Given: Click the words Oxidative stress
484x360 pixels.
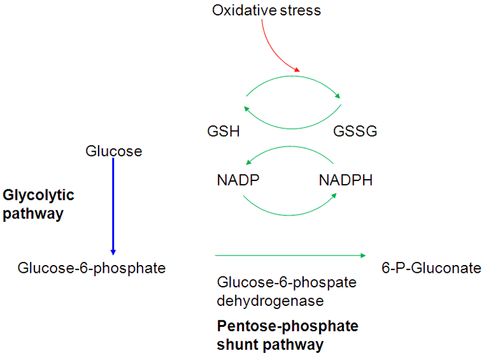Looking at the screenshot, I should (266, 11).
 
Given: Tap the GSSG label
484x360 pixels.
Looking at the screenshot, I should (355, 131).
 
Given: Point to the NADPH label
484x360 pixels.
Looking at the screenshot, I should (345, 180).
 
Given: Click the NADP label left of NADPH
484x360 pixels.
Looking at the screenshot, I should (238, 180).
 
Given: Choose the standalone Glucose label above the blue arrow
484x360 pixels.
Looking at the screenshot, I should (113, 151).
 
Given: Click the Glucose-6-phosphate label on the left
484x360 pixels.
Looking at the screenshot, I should (92, 268).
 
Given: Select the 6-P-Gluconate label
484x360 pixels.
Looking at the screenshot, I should (431, 268).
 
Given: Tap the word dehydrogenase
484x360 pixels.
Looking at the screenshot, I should (271, 299).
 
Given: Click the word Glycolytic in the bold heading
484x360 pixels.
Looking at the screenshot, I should (39, 195).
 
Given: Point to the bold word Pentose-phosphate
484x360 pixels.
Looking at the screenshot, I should (288, 327).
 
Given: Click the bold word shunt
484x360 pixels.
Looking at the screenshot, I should (237, 345).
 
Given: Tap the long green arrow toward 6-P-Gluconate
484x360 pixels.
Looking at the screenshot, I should (290, 256).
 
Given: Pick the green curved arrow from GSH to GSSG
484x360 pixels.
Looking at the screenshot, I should (294, 81).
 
